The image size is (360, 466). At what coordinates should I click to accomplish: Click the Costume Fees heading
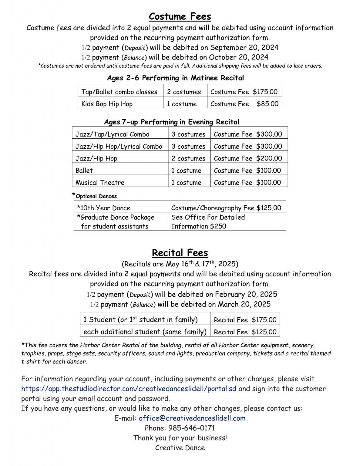180,16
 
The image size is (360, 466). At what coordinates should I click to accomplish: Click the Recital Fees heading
180,253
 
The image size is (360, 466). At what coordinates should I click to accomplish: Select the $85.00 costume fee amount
267,104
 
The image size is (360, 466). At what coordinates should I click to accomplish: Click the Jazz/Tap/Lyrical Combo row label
112,134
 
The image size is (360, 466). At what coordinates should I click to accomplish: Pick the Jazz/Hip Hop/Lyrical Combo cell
119,146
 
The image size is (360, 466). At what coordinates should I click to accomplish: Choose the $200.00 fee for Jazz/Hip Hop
269,158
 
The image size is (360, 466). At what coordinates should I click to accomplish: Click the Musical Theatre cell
100,182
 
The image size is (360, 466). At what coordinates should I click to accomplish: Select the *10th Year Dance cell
103,208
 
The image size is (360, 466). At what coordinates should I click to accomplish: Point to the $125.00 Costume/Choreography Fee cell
226,208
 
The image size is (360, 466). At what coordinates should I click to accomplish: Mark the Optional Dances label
96,196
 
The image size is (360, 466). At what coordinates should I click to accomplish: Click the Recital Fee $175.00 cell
245,320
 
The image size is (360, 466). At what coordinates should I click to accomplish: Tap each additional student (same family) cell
145,332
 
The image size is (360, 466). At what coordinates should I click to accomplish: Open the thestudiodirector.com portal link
129,389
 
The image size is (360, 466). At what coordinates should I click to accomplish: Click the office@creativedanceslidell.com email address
192,418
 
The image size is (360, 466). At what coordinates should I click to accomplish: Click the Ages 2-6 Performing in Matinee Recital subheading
175,78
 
